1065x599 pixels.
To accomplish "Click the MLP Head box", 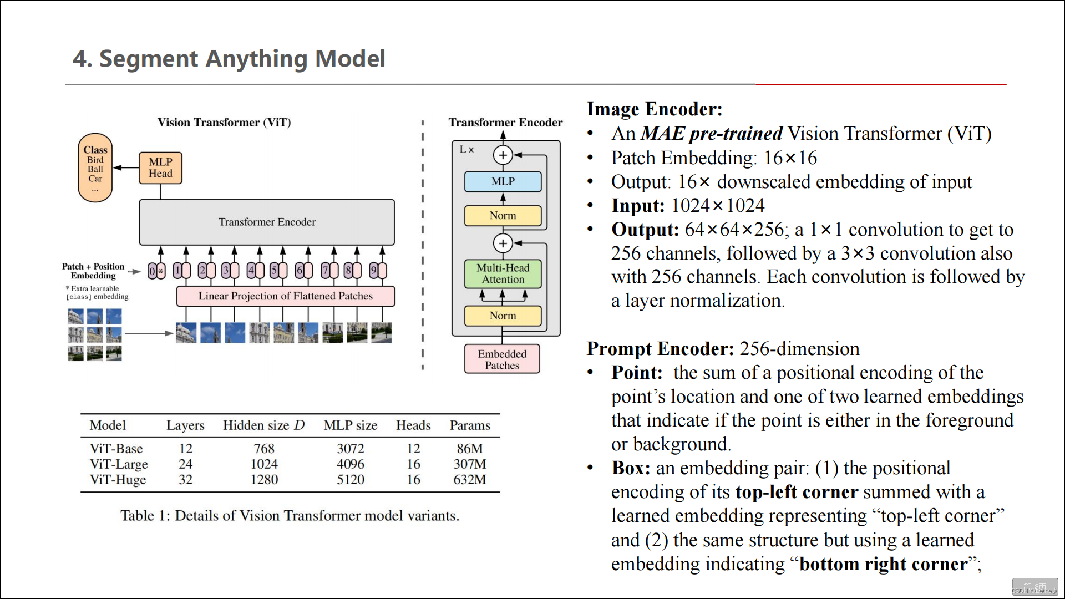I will click(x=160, y=167).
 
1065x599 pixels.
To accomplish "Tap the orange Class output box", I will click(x=95, y=167).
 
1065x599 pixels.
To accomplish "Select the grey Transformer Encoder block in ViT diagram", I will click(x=267, y=222).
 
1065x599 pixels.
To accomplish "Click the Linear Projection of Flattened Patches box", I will click(x=286, y=296).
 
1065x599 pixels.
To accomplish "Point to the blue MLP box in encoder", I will click(x=503, y=181).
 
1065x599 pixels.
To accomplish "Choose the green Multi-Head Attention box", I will click(x=503, y=273).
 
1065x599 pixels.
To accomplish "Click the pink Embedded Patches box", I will click(x=502, y=359).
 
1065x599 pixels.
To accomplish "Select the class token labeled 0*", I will click(x=156, y=271).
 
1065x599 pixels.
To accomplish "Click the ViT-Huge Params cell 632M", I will click(x=469, y=480).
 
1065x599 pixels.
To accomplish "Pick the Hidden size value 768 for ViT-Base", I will click(x=264, y=449).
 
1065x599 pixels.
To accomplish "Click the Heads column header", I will click(x=413, y=425).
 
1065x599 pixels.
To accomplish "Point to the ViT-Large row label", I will click(x=119, y=464).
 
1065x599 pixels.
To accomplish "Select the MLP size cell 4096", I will click(x=351, y=464).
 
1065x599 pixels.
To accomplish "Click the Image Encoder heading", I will click(x=655, y=109).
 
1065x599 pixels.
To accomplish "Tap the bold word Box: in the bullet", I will click(x=631, y=468).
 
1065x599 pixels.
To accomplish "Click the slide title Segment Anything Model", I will click(x=229, y=59).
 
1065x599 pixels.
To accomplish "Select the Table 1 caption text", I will click(x=290, y=516).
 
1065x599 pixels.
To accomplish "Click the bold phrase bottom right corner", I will click(x=884, y=564).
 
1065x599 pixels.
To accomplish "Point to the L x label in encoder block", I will click(x=466, y=150).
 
